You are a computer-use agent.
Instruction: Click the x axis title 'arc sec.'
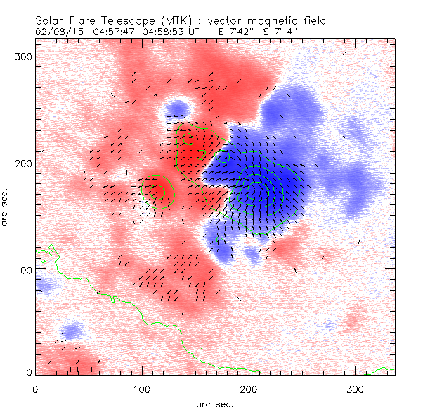pyautogui.click(x=215, y=404)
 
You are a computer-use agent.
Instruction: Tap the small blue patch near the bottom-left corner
pyautogui.click(x=71, y=330)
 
